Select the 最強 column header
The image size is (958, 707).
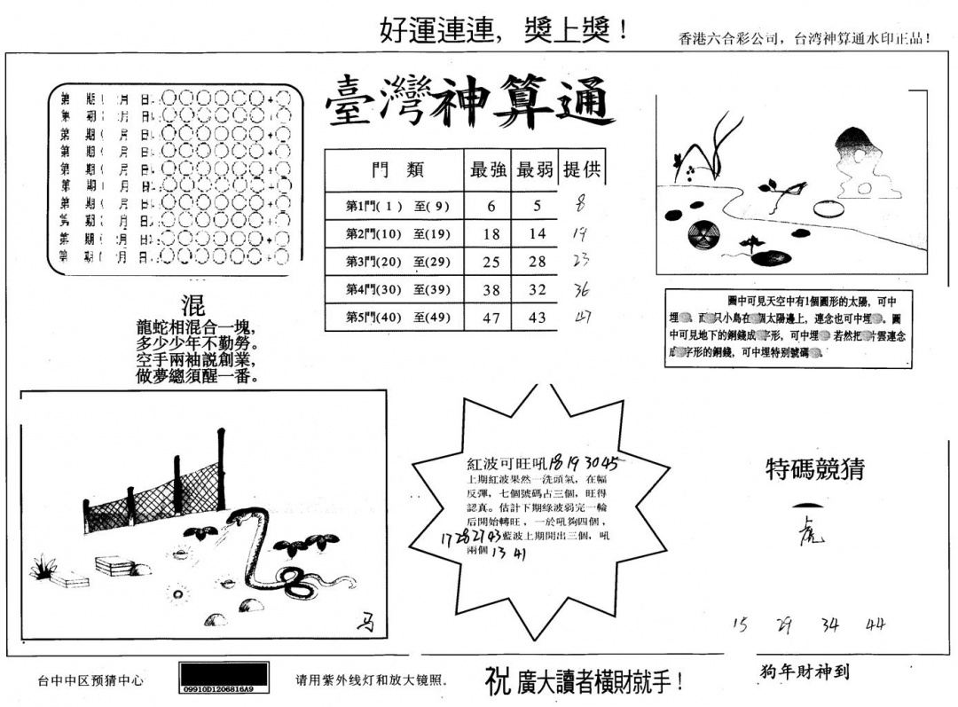tap(488, 169)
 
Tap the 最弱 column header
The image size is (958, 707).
tap(535, 169)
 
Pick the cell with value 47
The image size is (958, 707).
tap(491, 318)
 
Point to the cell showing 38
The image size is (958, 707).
tap(491, 290)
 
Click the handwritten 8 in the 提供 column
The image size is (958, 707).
tap(581, 203)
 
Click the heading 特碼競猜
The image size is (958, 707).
tap(815, 468)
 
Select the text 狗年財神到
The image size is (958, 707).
tap(805, 672)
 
